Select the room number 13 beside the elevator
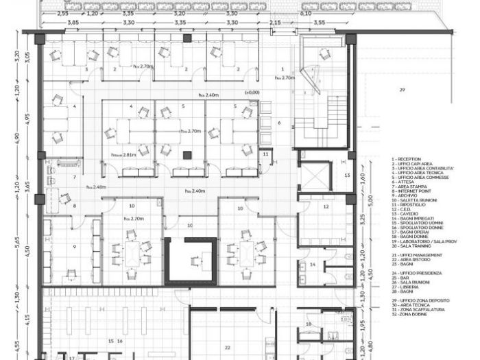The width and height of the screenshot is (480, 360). click(347, 176)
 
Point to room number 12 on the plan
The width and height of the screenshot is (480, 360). click(326, 207)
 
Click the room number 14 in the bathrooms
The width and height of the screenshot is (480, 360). click(313, 265)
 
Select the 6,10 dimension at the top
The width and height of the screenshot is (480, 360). click(307, 13)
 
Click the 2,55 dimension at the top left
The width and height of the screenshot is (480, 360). click(62, 13)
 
